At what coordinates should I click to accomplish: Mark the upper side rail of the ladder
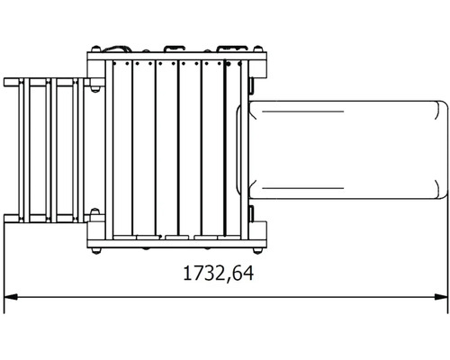click(x=45, y=83)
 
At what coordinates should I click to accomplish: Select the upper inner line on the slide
click(x=342, y=112)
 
